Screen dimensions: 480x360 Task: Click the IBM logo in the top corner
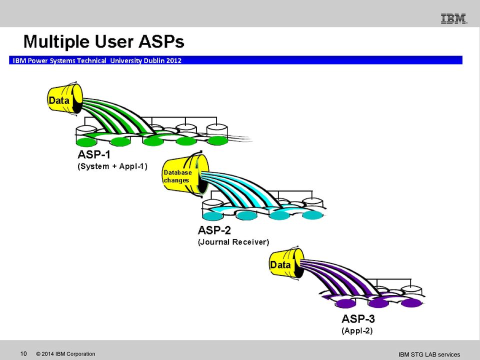[x=454, y=18]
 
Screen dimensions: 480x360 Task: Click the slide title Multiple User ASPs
[x=104, y=41]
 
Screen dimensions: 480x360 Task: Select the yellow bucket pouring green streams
[x=65, y=99]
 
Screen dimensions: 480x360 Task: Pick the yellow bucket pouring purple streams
[x=286, y=263]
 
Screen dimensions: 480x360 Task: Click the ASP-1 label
[x=94, y=154]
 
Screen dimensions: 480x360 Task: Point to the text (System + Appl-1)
[x=112, y=166]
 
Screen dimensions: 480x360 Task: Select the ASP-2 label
[x=214, y=230]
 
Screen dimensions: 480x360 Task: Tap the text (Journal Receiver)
[x=233, y=242]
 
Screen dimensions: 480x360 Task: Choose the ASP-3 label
[x=358, y=318]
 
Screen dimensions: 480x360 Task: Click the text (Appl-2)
[x=357, y=330]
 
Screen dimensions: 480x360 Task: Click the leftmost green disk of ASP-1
[x=86, y=142]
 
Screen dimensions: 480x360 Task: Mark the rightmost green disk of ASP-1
[x=217, y=141]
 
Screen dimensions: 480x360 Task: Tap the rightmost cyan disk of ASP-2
[x=312, y=215]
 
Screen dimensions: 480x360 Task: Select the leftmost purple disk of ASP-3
[x=345, y=303]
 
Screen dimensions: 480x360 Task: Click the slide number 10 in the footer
[x=23, y=354]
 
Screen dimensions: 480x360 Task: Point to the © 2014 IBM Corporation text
[x=65, y=354]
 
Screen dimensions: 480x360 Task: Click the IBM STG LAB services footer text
[x=429, y=354]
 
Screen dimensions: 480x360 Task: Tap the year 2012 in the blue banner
[x=174, y=60]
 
